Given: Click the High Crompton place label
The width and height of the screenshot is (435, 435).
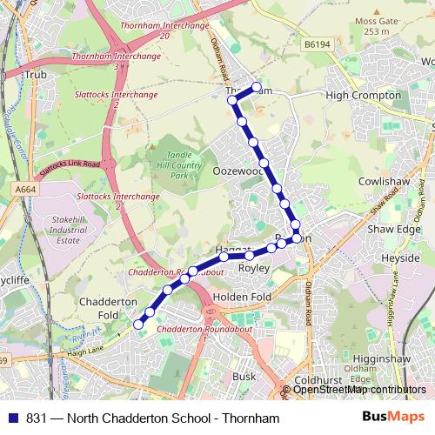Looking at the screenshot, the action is [x=363, y=95].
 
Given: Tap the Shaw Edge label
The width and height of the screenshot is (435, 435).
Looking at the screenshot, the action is [x=393, y=229].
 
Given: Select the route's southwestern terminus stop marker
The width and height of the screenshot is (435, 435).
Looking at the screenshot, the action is [x=137, y=325].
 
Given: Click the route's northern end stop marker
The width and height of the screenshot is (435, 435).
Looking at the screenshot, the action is [x=257, y=87].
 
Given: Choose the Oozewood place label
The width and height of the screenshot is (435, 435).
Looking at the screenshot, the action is [x=238, y=172].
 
